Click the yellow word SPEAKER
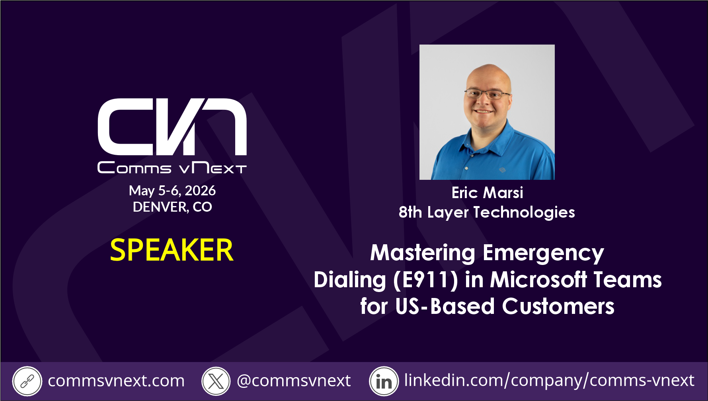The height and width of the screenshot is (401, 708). [x=172, y=250]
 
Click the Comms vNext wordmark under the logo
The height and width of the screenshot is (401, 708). [x=172, y=168]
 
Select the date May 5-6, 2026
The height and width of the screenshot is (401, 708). [x=172, y=191]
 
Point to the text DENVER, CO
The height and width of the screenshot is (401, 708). [x=172, y=207]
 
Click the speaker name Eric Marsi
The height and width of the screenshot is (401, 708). [x=487, y=193]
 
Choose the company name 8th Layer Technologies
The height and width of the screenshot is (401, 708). [x=487, y=212]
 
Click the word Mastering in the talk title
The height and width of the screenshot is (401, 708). [x=423, y=253]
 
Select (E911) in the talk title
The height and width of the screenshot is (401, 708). [x=426, y=280]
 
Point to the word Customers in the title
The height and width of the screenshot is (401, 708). [x=558, y=307]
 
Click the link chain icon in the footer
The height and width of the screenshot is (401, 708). [x=27, y=382]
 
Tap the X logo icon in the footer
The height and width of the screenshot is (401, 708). [x=216, y=382]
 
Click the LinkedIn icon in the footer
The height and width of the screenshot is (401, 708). [x=384, y=382]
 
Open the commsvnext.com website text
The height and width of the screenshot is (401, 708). [x=116, y=381]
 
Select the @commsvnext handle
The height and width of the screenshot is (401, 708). [x=294, y=381]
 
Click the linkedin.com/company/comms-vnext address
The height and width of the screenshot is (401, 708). [x=549, y=381]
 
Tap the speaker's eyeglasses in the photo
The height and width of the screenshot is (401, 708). [x=487, y=94]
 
